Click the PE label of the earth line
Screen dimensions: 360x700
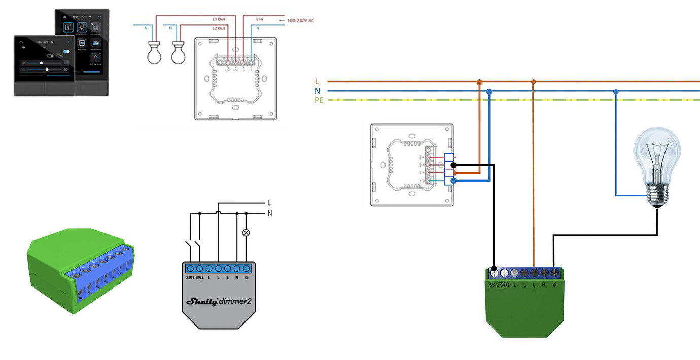point(319,100)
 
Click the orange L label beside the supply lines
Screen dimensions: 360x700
point(317,81)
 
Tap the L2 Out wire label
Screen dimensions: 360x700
point(219,28)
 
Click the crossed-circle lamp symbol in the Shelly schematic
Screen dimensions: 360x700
point(247,233)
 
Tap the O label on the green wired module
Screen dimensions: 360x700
point(554,285)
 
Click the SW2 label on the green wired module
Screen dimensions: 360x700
point(504,285)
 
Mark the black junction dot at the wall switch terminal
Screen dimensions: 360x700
point(453,165)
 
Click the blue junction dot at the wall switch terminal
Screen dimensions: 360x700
point(453,181)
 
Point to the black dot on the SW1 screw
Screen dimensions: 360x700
point(495,269)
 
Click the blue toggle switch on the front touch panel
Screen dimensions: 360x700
point(66,52)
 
